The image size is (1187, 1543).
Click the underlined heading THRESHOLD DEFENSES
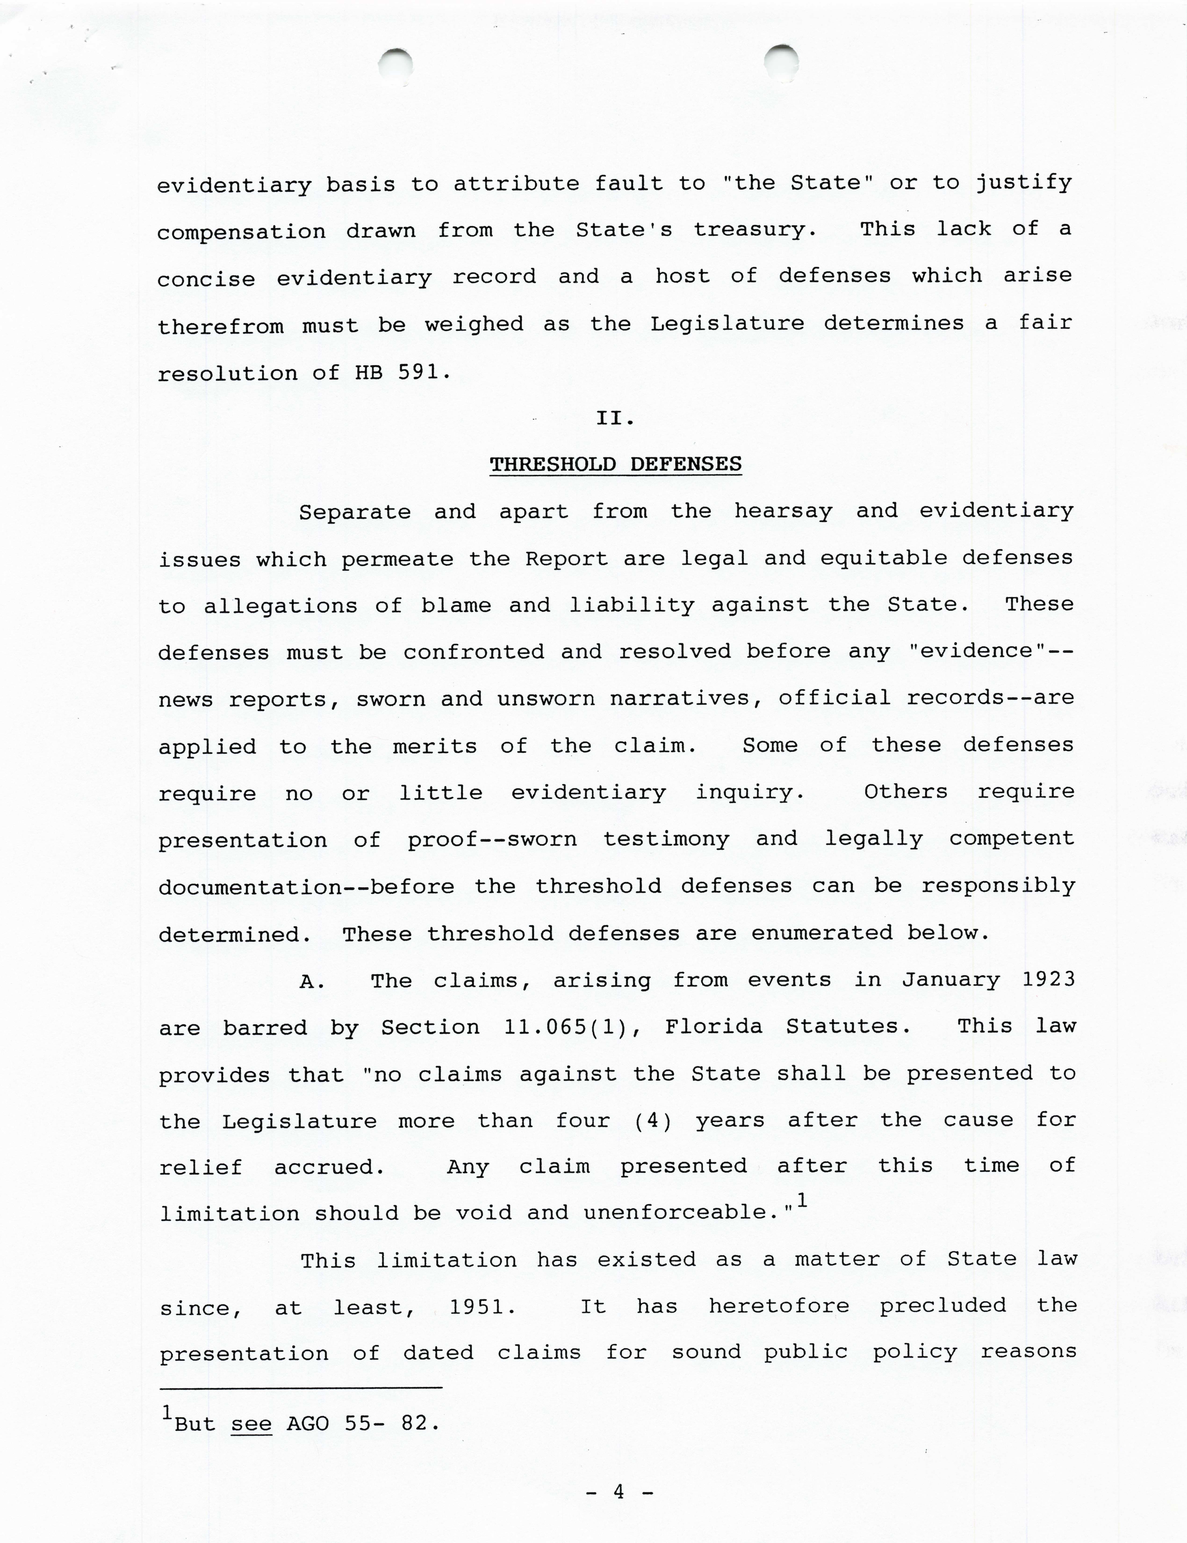pyautogui.click(x=615, y=464)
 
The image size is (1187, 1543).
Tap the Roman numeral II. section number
pyautogui.click(x=615, y=418)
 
